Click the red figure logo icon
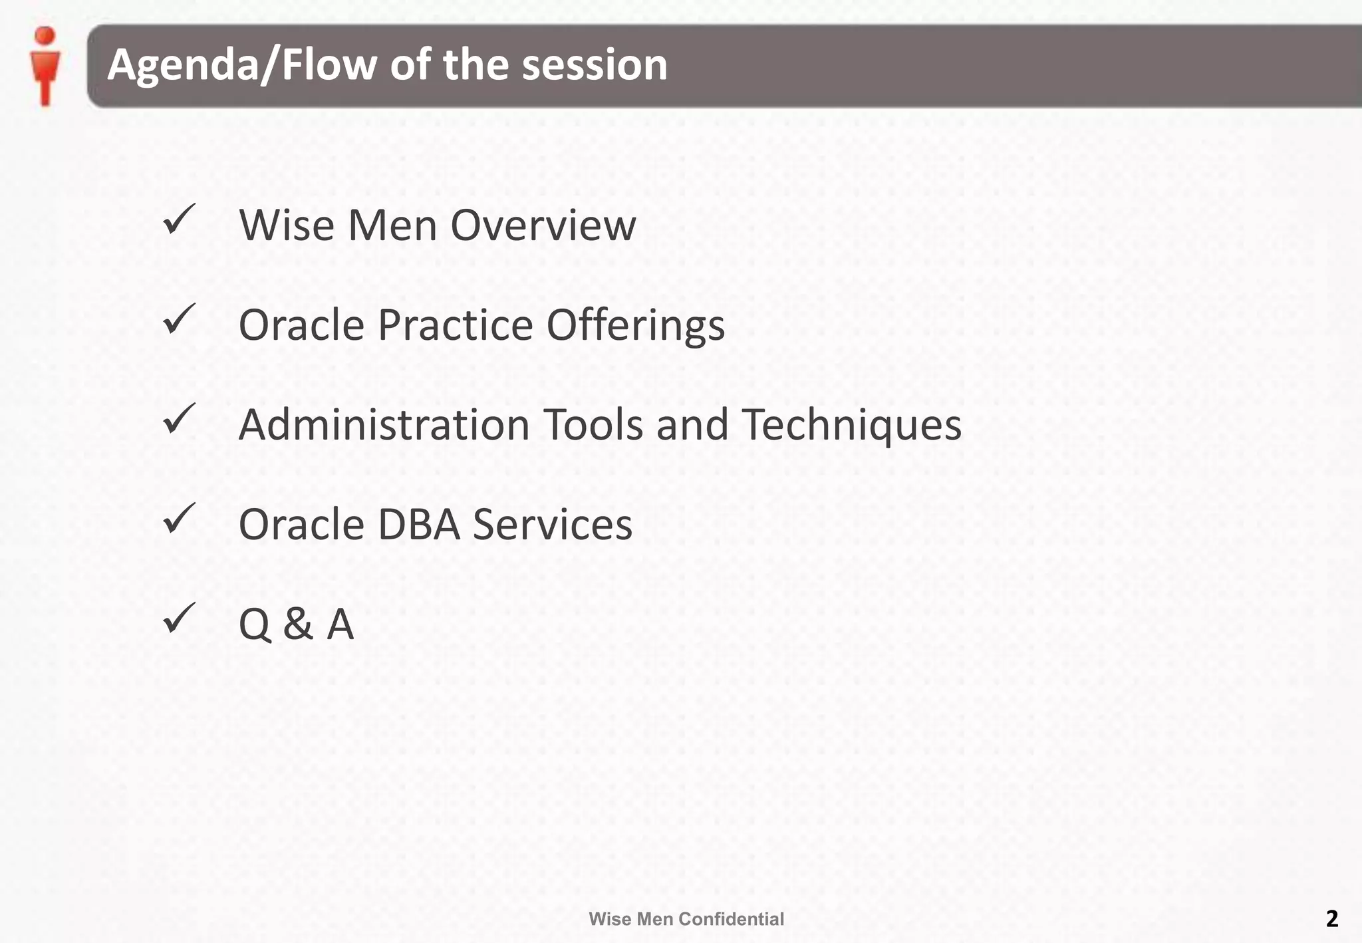tap(45, 66)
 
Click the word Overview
tap(543, 225)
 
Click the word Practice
tap(456, 325)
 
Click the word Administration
tap(384, 424)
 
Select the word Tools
tap(594, 424)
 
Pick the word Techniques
tap(851, 424)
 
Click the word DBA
tap(418, 525)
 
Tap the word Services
tap(552, 525)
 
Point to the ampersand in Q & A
tap(298, 624)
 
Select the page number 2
tap(1331, 918)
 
